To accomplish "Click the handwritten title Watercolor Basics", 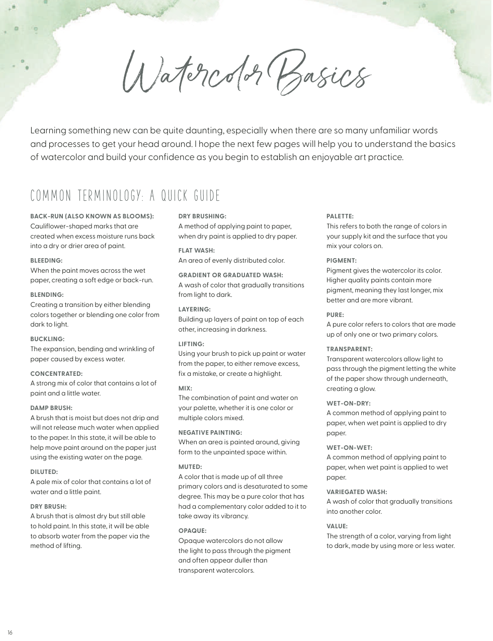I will pyautogui.click(x=247, y=74).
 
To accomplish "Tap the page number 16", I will pyautogui.click(x=10, y=632).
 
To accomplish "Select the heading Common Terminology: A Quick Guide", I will pyautogui.click(x=125, y=196).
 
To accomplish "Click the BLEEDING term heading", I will pyautogui.click(x=46, y=261).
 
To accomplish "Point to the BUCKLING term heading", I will pyautogui.click(x=47, y=339).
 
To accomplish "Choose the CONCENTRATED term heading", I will pyautogui.click(x=56, y=374).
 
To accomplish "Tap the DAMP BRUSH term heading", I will pyautogui.click(x=51, y=408).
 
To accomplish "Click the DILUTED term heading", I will pyautogui.click(x=44, y=472).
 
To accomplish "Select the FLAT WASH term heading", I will pyautogui.click(x=197, y=251).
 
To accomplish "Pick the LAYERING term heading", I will pyautogui.click(x=195, y=309).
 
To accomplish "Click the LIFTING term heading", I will pyautogui.click(x=192, y=344).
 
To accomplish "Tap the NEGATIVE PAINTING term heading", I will pyautogui.click(x=210, y=433).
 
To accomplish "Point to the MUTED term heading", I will pyautogui.click(x=190, y=467).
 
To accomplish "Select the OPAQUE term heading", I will pyautogui.click(x=193, y=531).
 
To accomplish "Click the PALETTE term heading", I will pyautogui.click(x=340, y=216).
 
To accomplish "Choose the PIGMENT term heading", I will pyautogui.click(x=342, y=261).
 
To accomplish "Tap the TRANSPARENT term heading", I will pyautogui.click(x=350, y=349).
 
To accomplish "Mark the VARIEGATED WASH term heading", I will pyautogui.click(x=357, y=492).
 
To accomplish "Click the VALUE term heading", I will pyautogui.click(x=337, y=526).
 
